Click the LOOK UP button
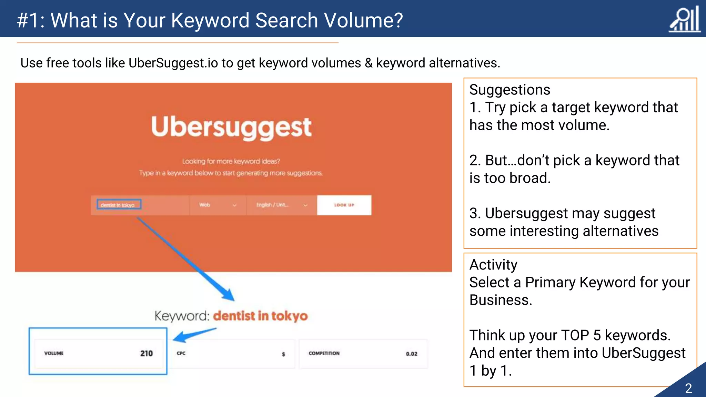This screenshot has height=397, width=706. coord(344,205)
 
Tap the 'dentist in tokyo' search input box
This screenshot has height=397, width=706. coord(119,205)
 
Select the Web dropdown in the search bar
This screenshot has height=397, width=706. coord(218,205)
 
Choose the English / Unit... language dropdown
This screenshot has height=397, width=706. coord(281,205)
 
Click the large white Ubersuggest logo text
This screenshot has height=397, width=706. coord(231,127)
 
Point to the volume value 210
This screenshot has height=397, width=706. coord(146,353)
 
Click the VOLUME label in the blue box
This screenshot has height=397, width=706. coord(54,353)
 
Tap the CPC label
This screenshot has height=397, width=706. coord(181,353)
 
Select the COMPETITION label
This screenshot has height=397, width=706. coord(324,353)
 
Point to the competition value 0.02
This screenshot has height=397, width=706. coord(411,354)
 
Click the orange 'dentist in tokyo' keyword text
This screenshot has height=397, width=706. coord(260,316)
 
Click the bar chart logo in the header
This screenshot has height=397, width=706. coord(685,19)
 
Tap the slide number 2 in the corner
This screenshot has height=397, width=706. coord(688,388)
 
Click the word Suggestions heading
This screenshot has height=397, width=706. coord(510,90)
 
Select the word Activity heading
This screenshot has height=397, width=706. coord(493,265)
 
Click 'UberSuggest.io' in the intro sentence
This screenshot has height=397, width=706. coord(173,63)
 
